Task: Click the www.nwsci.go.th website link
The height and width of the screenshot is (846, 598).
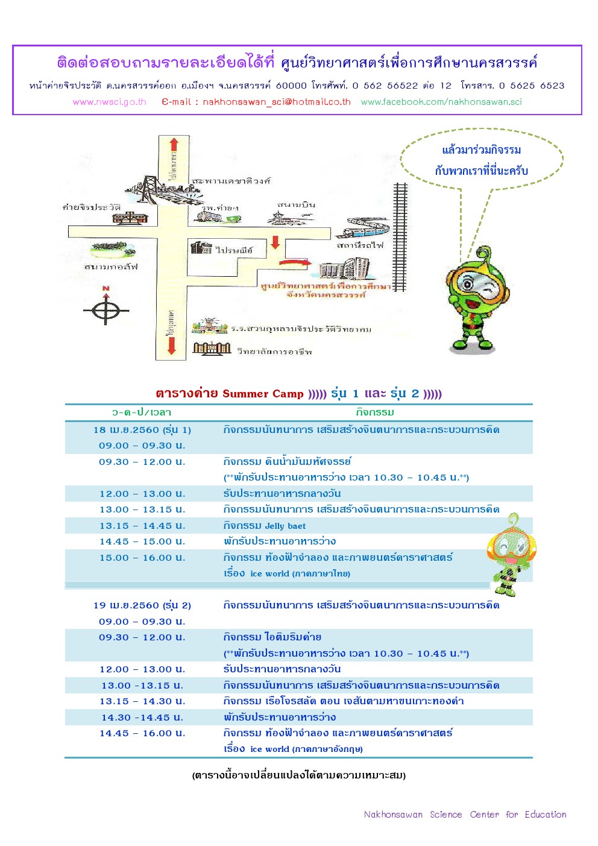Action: [x=109, y=102]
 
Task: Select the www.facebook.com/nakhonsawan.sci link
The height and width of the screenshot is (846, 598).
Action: [x=441, y=102]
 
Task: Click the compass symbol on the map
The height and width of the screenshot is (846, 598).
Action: [x=106, y=309]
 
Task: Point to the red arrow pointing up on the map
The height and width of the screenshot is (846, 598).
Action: [x=174, y=145]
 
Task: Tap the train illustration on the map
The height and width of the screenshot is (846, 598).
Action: [x=368, y=230]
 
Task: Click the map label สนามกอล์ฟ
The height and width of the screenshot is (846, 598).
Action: [x=112, y=267]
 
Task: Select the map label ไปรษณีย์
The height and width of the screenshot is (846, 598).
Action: [x=234, y=250]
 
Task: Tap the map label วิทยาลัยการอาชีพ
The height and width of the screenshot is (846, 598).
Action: [x=274, y=351]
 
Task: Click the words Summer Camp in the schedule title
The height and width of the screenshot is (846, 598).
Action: [x=263, y=394]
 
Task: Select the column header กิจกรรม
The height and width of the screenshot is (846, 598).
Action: [x=375, y=412]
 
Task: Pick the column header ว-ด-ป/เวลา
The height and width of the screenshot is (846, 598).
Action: [x=142, y=412]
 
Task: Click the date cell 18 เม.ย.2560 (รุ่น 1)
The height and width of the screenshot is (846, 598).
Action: [x=142, y=430]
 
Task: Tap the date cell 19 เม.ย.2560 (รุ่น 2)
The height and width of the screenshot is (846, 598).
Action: [x=142, y=605]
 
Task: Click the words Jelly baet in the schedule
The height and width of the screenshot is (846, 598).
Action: [x=285, y=526]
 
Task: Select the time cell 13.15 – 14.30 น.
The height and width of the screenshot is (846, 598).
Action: [x=142, y=701]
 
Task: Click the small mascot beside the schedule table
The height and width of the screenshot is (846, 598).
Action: [x=511, y=555]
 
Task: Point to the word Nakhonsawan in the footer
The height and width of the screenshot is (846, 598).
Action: [x=393, y=815]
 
